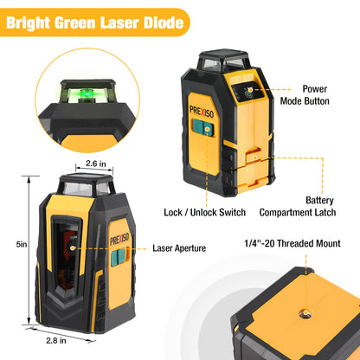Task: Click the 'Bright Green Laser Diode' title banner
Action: click(x=94, y=22)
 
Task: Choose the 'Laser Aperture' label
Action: click(x=179, y=248)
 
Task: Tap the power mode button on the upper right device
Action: click(x=250, y=90)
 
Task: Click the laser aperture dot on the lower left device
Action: click(x=73, y=247)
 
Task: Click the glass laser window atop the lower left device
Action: click(x=86, y=184)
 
